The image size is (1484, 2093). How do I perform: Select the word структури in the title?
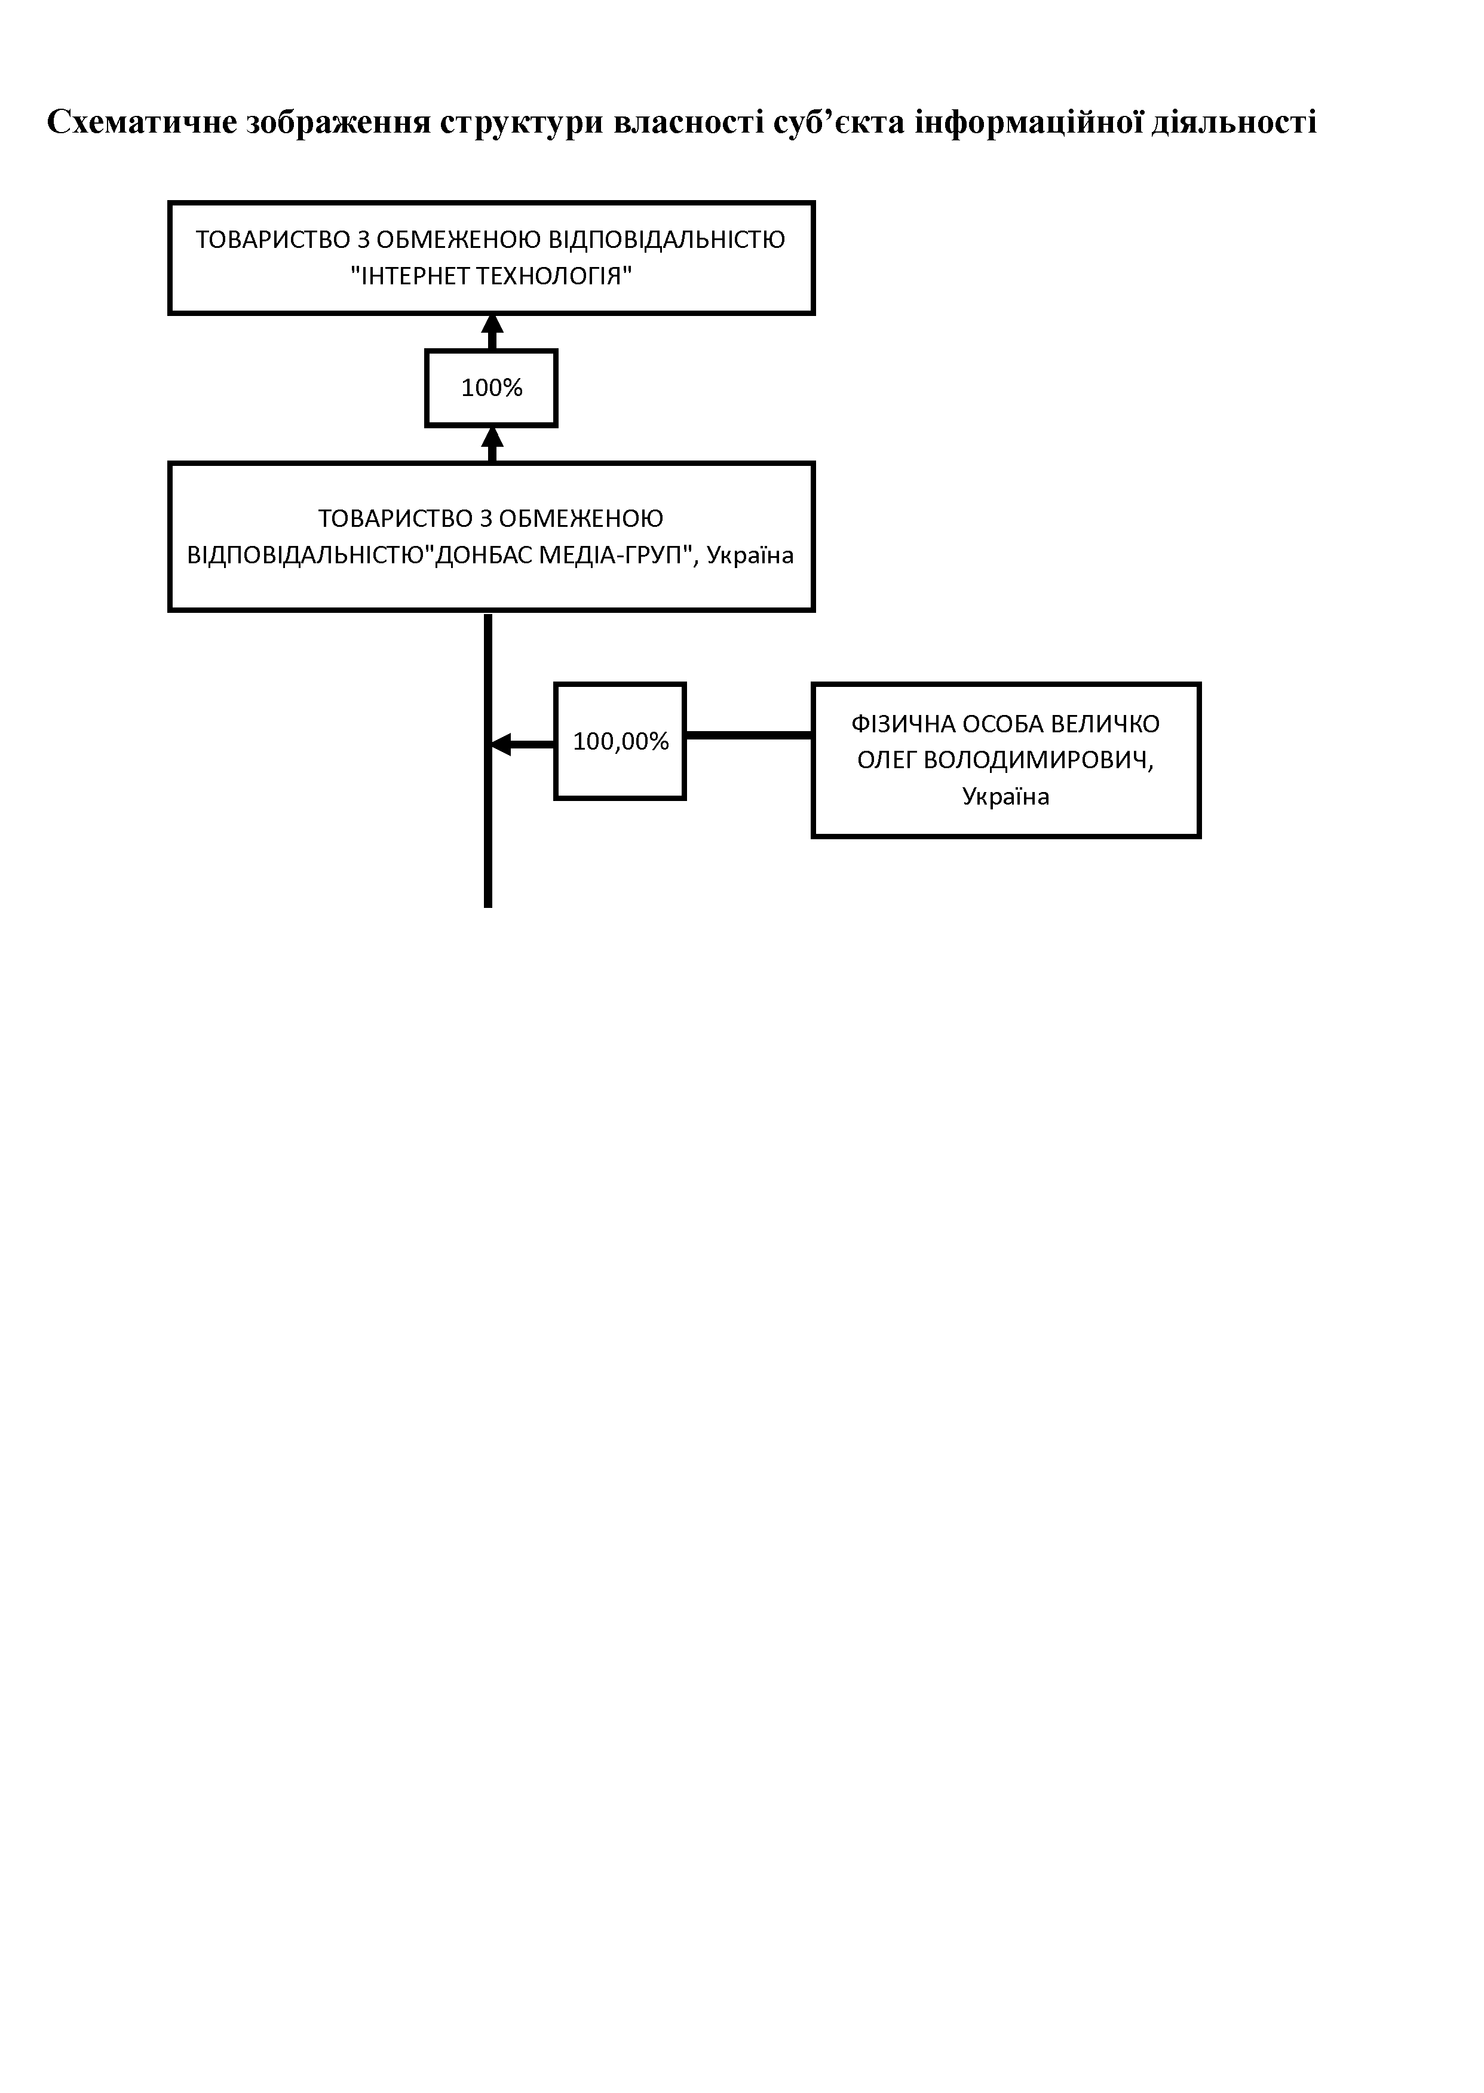(x=521, y=123)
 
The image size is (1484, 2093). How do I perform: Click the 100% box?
(x=492, y=388)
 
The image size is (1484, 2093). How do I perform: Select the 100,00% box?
(x=621, y=741)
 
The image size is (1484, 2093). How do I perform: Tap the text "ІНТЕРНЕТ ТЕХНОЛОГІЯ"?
(x=492, y=276)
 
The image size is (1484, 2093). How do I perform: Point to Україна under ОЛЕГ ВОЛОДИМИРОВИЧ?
(x=1006, y=797)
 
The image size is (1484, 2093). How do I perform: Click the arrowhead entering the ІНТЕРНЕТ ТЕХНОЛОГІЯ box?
(x=492, y=324)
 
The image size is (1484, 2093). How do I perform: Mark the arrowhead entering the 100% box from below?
(x=492, y=437)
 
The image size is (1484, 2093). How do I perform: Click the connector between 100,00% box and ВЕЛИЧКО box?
(x=749, y=735)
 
